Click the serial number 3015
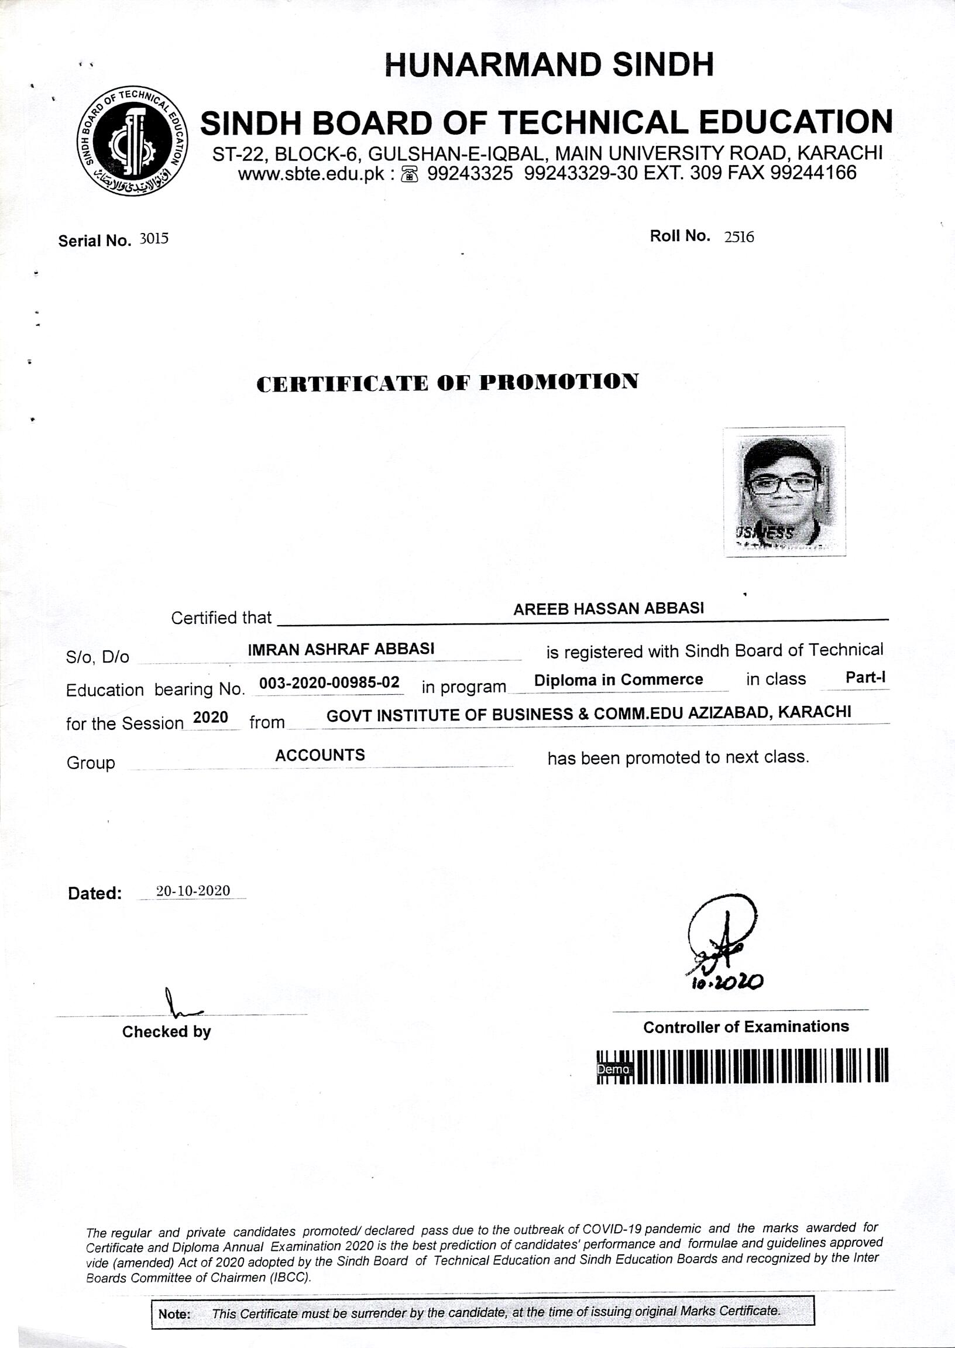click(153, 239)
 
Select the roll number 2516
click(739, 237)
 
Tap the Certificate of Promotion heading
click(448, 382)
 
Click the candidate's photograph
click(784, 491)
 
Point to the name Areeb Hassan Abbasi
click(608, 609)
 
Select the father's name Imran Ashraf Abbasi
click(341, 649)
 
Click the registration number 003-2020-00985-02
click(329, 682)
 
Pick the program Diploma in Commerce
click(618, 680)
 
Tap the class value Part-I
click(865, 678)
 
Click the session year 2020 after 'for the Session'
click(211, 717)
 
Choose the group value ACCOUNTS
click(320, 755)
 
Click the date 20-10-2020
click(193, 890)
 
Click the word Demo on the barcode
click(613, 1069)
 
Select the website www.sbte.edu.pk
click(311, 173)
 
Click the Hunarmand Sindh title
click(549, 65)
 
